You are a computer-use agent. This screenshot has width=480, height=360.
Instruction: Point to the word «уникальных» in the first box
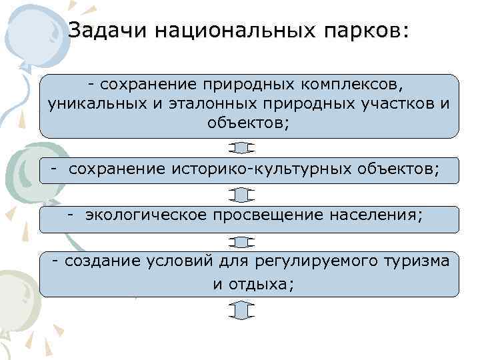click(x=86, y=104)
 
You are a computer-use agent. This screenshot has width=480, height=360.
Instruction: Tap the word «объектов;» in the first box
click(x=249, y=123)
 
